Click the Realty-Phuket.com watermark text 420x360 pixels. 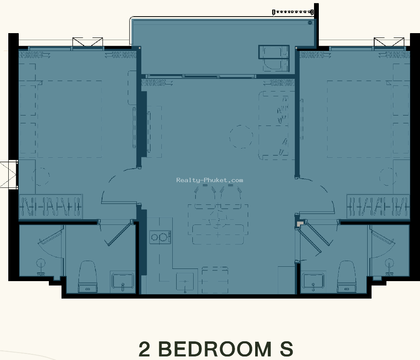[x=210, y=180]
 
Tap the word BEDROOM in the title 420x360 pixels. [x=215, y=349]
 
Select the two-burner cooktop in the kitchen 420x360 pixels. [x=160, y=237]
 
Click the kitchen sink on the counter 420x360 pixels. [x=185, y=282]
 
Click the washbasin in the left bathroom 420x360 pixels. [x=123, y=281]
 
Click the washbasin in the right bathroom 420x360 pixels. [x=313, y=281]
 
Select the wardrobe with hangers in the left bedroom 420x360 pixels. [x=51, y=207]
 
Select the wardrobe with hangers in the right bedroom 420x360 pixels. [x=378, y=207]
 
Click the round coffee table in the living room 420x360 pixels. [x=241, y=136]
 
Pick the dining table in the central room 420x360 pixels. [x=218, y=220]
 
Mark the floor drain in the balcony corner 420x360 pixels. [x=310, y=23]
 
